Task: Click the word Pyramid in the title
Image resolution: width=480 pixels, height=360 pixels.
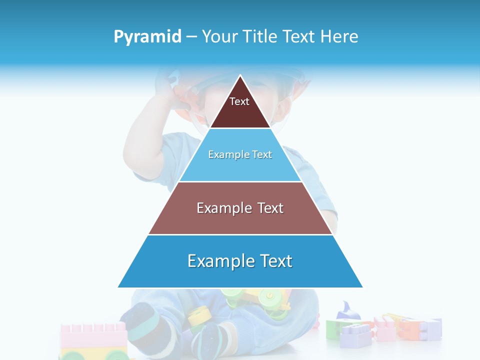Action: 147,37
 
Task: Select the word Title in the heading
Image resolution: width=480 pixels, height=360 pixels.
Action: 261,37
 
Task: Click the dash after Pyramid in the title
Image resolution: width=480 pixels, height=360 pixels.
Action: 191,37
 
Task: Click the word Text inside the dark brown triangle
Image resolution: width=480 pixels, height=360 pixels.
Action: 239,101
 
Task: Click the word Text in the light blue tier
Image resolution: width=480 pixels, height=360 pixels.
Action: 261,154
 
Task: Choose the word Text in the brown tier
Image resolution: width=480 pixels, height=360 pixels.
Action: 270,208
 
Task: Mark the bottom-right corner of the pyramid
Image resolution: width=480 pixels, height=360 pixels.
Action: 362,287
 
